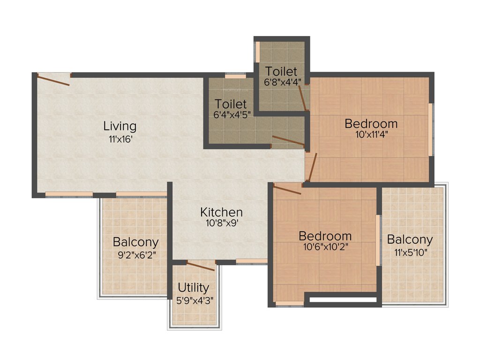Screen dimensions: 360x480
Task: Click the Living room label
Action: [120, 126]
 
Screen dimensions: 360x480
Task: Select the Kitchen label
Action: [222, 212]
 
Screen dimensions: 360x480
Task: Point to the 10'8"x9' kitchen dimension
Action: [222, 224]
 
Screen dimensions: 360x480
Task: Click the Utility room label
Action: [194, 287]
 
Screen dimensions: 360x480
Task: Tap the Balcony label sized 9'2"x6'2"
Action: [136, 242]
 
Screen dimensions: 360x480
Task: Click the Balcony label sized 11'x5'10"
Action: [410, 240]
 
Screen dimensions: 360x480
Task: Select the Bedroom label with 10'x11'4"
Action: [371, 124]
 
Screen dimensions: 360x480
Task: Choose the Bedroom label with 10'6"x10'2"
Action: [325, 235]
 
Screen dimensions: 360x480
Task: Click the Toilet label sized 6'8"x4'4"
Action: [281, 71]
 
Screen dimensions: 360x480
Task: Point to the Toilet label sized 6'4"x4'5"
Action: [231, 104]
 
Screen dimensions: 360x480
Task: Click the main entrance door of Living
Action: [53, 80]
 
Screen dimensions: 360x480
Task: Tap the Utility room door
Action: [201, 266]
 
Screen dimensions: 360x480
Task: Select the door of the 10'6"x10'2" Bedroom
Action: [287, 189]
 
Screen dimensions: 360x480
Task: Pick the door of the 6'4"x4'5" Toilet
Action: [288, 140]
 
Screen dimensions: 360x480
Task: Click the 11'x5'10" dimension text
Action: [410, 252]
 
